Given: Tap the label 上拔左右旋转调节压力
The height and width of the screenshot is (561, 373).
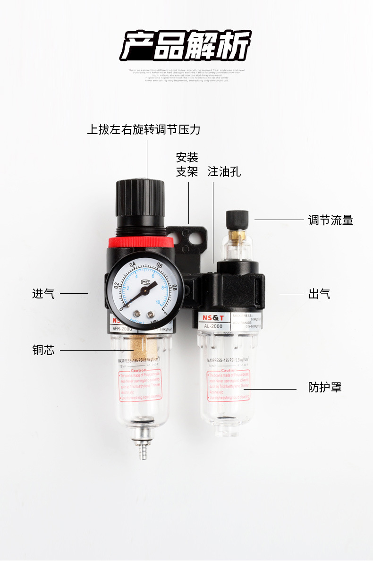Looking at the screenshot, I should (x=144, y=129).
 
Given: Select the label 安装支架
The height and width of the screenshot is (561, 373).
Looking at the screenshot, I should (x=187, y=164).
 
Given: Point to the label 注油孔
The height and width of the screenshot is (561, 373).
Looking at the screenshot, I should (x=224, y=171).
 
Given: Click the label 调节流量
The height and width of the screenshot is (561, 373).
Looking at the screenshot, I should (x=331, y=220).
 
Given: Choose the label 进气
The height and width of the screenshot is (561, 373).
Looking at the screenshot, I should (x=43, y=294).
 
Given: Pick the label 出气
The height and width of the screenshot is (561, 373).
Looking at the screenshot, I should (x=319, y=294).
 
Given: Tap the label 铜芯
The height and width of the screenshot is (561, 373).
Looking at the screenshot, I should (x=43, y=350).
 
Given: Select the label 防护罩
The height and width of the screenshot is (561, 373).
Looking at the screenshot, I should (x=325, y=388).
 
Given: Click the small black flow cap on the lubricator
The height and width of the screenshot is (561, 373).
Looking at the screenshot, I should (x=237, y=218).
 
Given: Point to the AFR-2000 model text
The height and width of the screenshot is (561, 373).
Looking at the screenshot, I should (x=123, y=329).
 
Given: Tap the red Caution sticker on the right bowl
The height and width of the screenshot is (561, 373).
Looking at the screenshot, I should (x=228, y=385).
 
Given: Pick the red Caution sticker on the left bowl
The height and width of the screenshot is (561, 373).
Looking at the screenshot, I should (x=139, y=385).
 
